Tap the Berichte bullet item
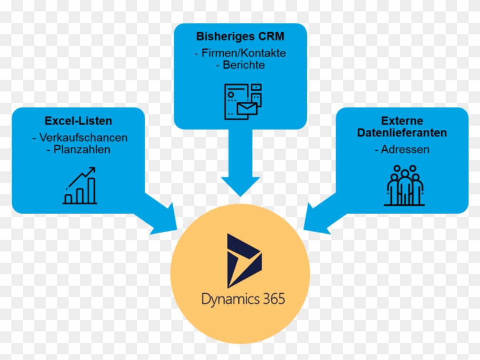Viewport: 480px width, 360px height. click(240, 65)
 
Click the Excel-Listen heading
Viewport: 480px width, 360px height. click(78, 121)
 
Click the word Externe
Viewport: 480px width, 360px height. click(402, 121)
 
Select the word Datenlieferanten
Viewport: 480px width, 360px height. click(402, 133)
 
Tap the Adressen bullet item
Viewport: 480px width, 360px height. click(402, 150)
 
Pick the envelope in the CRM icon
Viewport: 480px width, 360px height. click(248, 109)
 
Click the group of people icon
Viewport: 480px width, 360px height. click(405, 186)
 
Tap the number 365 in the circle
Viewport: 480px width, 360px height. click(269, 299)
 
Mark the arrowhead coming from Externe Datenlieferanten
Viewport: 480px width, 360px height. click(318, 220)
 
